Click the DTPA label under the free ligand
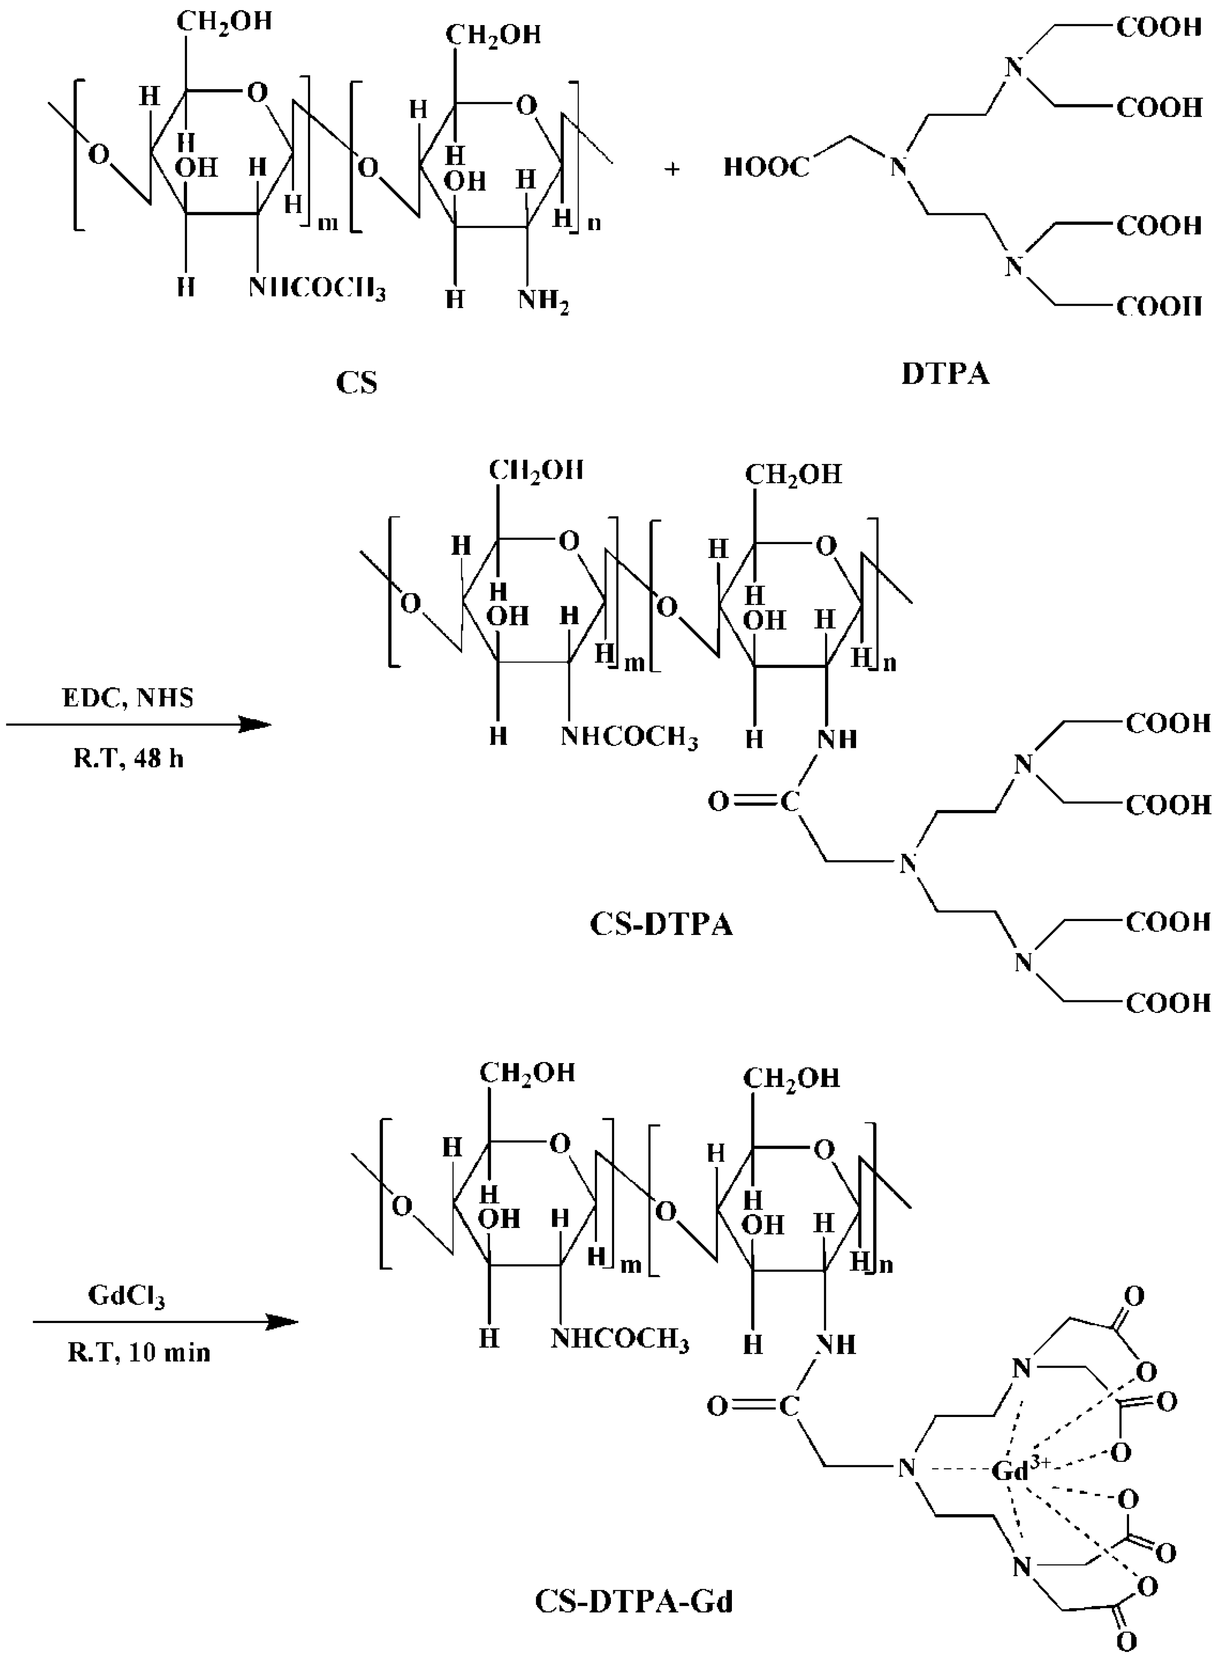pyautogui.click(x=945, y=374)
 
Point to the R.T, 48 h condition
pyautogui.click(x=128, y=759)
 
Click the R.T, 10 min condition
pyautogui.click(x=139, y=1353)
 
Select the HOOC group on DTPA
pyautogui.click(x=766, y=167)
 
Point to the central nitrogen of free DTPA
pyautogui.click(x=898, y=167)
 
